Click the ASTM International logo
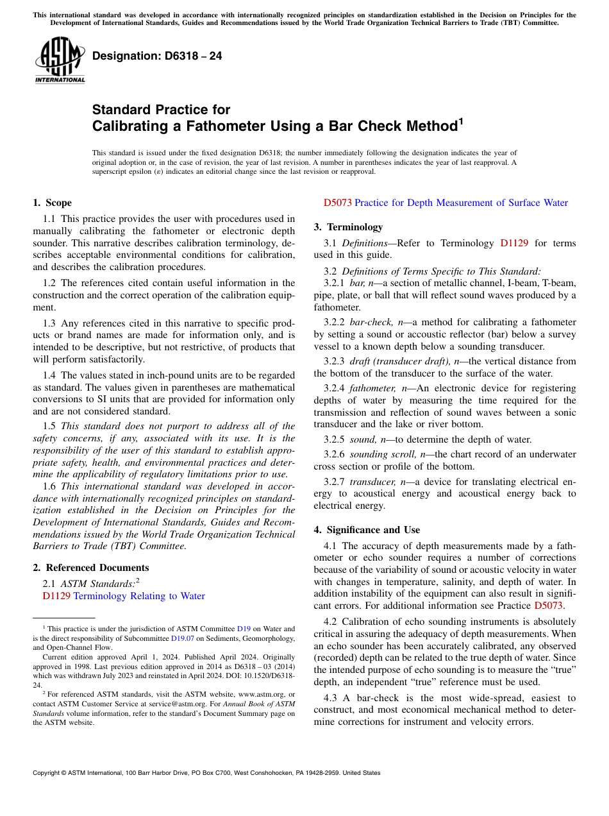pos(60,60)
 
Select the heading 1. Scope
pos(52,203)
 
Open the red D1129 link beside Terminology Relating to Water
pos(56,596)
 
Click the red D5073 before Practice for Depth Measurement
pos(337,203)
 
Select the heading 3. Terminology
pos(348,227)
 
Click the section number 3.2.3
pos(334,361)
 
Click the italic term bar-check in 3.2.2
pos(369,322)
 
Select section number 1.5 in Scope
pos(49,426)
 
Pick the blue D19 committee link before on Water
pos(244,629)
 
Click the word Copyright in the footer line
pos(49,773)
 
